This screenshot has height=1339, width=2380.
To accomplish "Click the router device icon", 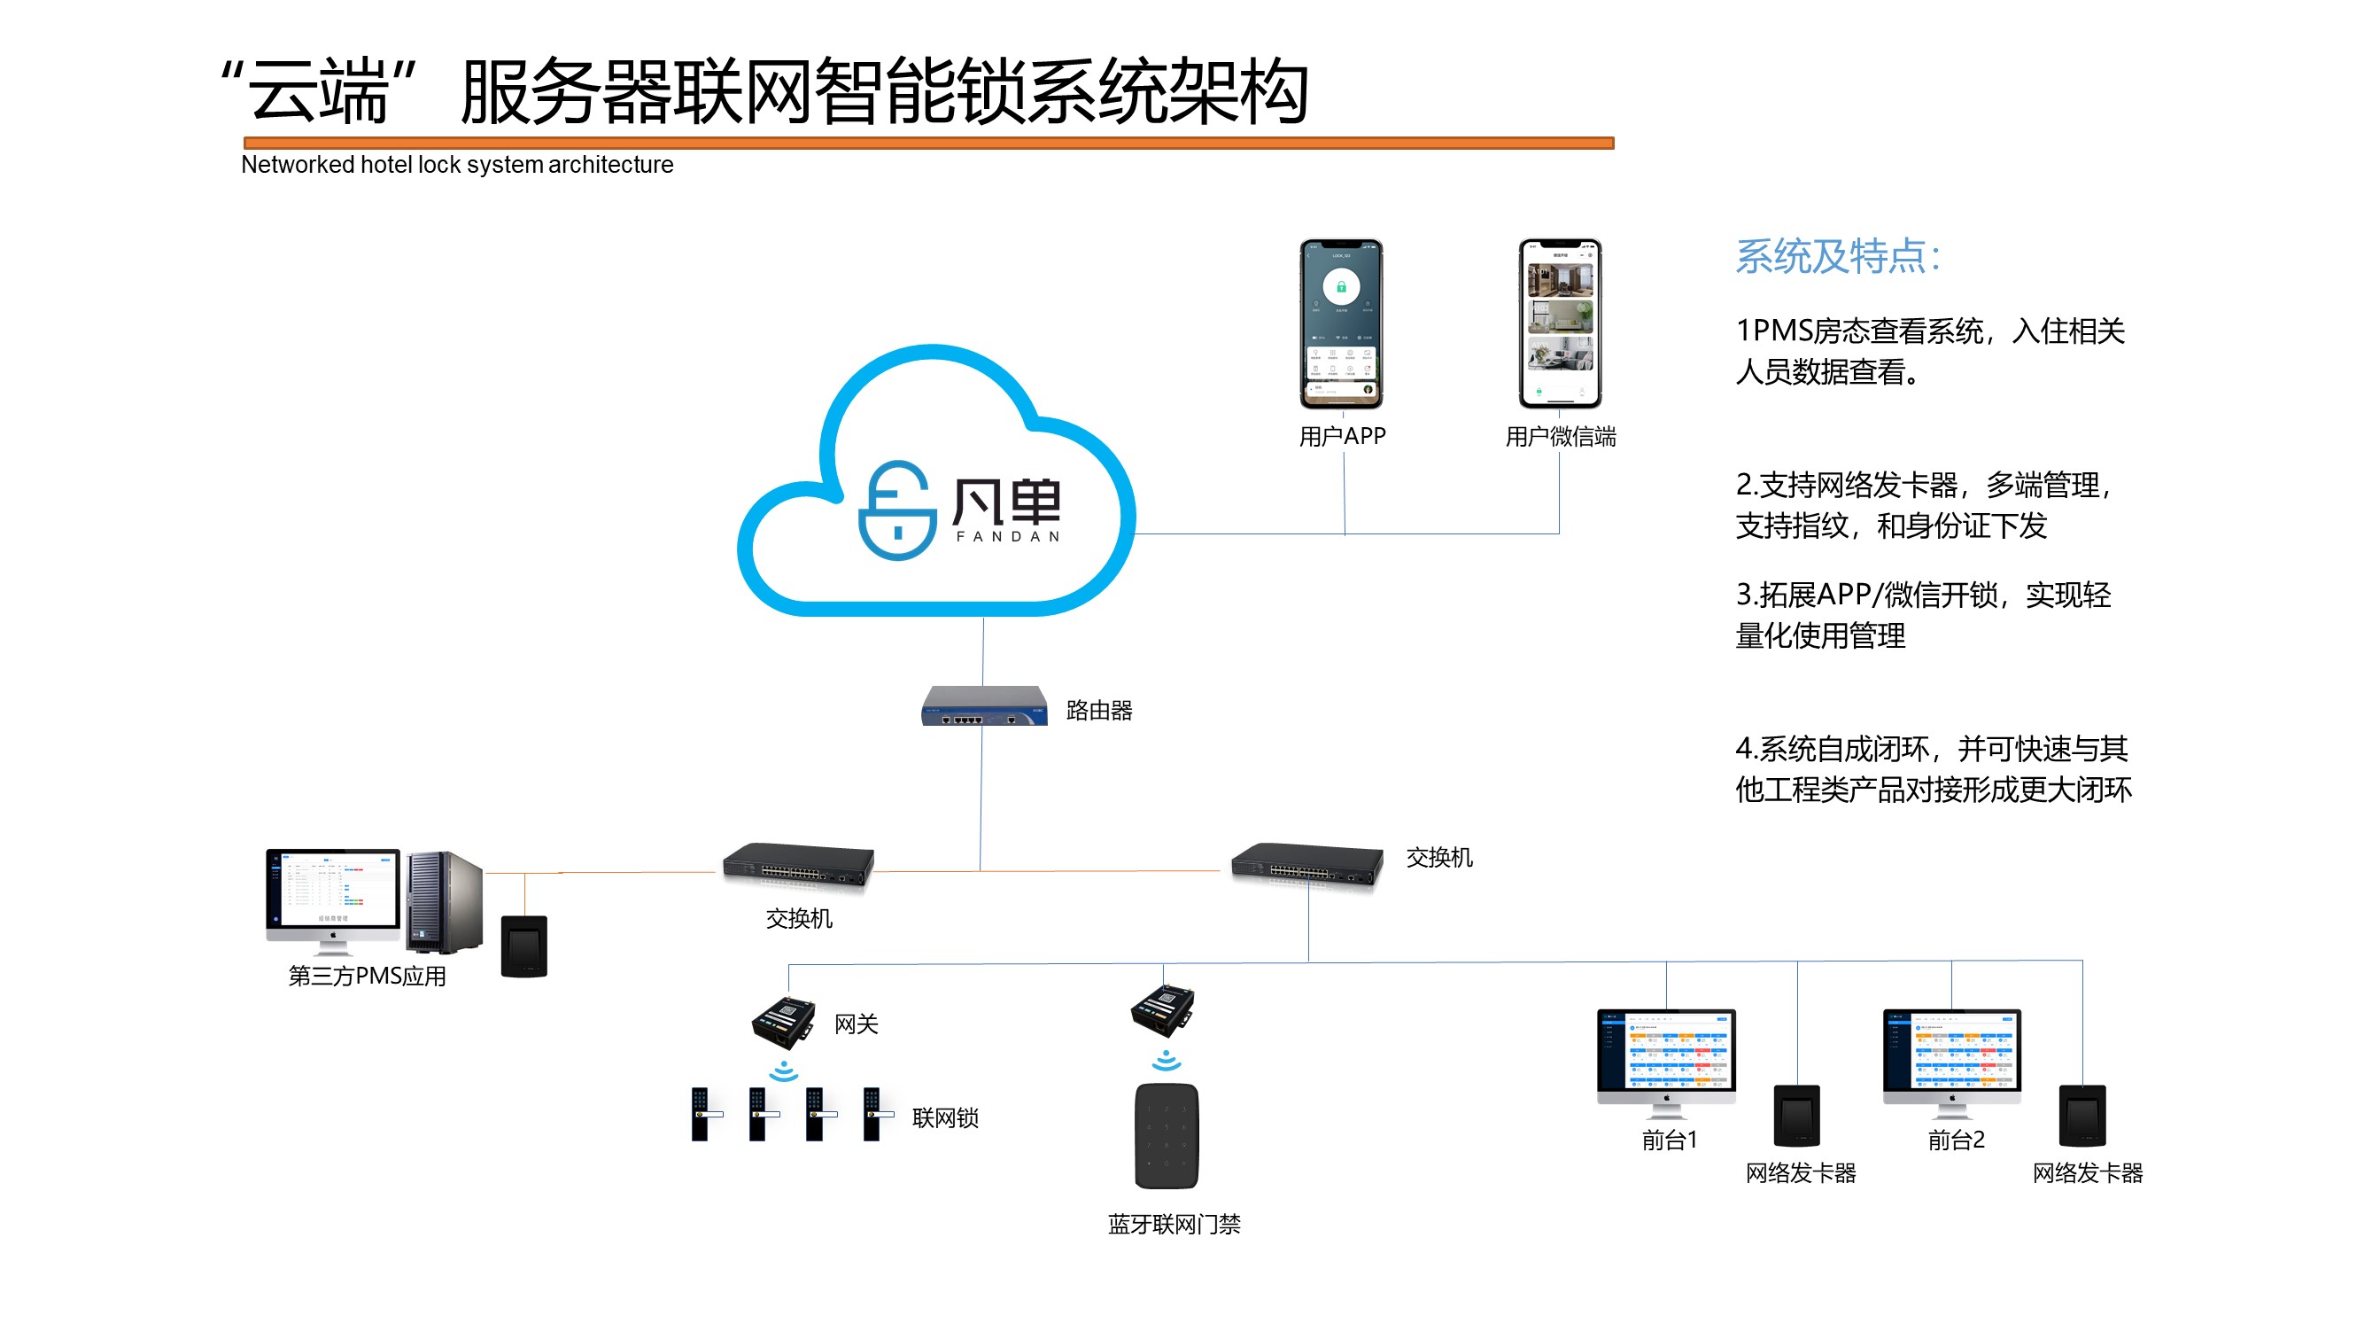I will click(x=984, y=706).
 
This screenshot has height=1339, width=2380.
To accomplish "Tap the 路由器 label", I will click(x=1098, y=711).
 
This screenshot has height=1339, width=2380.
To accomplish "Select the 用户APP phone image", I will click(x=1341, y=323).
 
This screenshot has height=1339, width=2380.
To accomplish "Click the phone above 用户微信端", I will click(x=1560, y=323).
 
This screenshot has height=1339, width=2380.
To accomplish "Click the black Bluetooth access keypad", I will click(x=1166, y=1136).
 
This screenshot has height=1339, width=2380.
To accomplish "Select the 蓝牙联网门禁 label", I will click(x=1174, y=1225).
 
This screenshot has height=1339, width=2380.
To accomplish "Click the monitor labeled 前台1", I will click(x=1666, y=1058).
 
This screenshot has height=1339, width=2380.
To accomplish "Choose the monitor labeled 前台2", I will click(x=1951, y=1058).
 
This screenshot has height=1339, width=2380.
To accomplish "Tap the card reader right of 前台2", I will click(x=2082, y=1116).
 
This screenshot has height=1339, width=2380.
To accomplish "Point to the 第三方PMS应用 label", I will click(x=367, y=976).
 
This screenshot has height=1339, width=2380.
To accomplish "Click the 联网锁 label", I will click(x=944, y=1118).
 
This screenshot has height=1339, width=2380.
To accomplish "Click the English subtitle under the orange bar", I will click(x=456, y=165).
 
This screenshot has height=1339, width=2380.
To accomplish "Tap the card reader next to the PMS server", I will click(x=523, y=946).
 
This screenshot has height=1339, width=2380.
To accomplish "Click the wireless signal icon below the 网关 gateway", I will click(x=784, y=1071).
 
